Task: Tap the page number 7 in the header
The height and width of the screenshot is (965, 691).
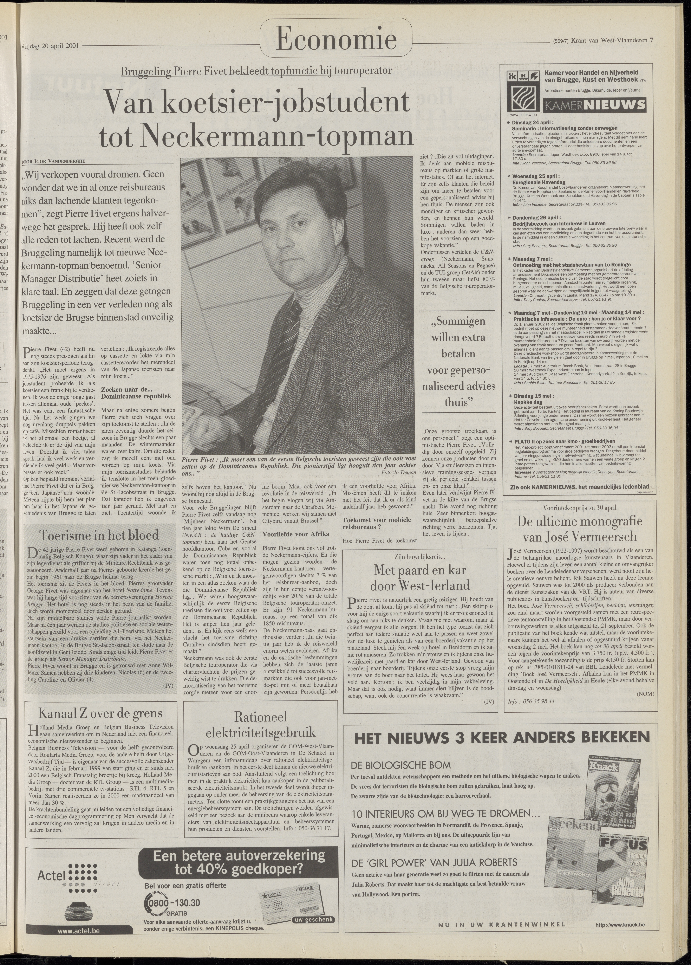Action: (651, 41)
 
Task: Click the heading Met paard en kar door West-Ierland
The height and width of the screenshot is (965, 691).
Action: (420, 577)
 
